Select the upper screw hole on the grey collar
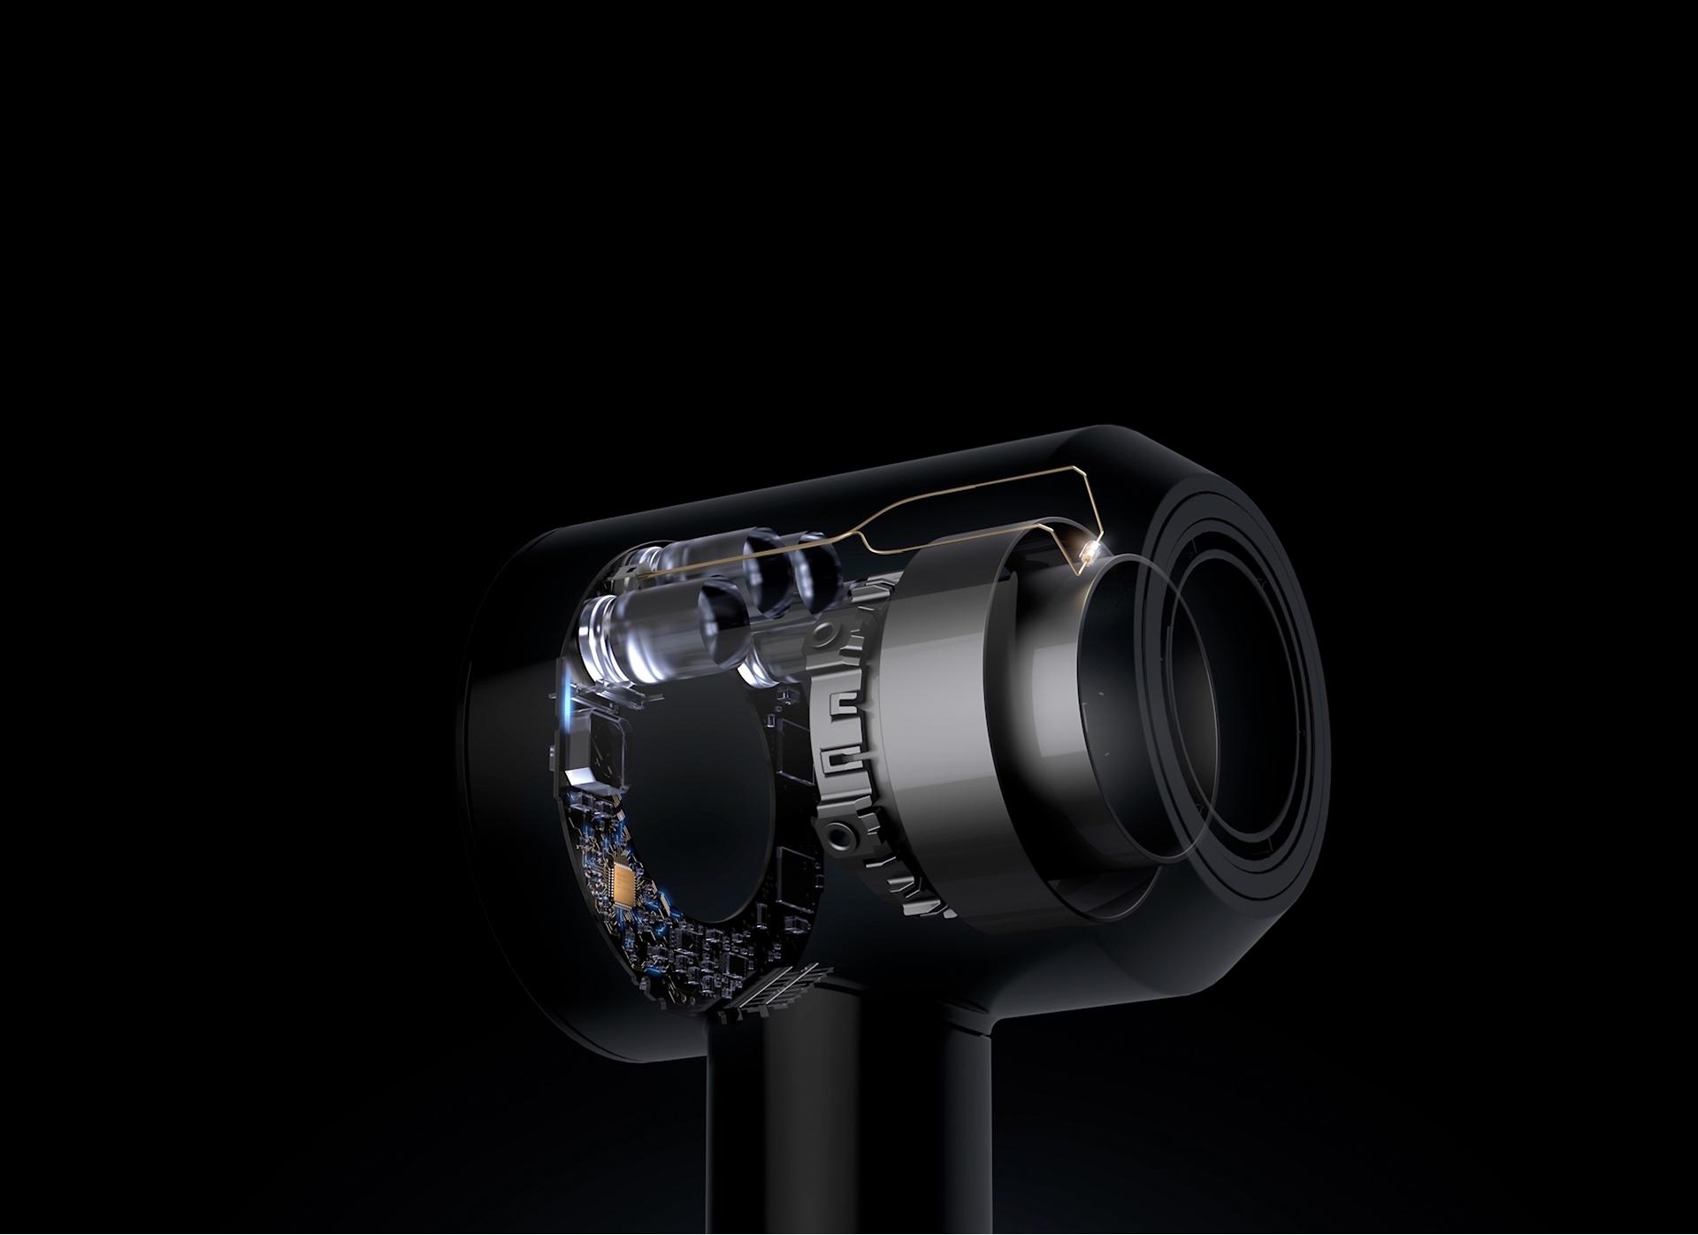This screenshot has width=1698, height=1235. pyautogui.click(x=826, y=633)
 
